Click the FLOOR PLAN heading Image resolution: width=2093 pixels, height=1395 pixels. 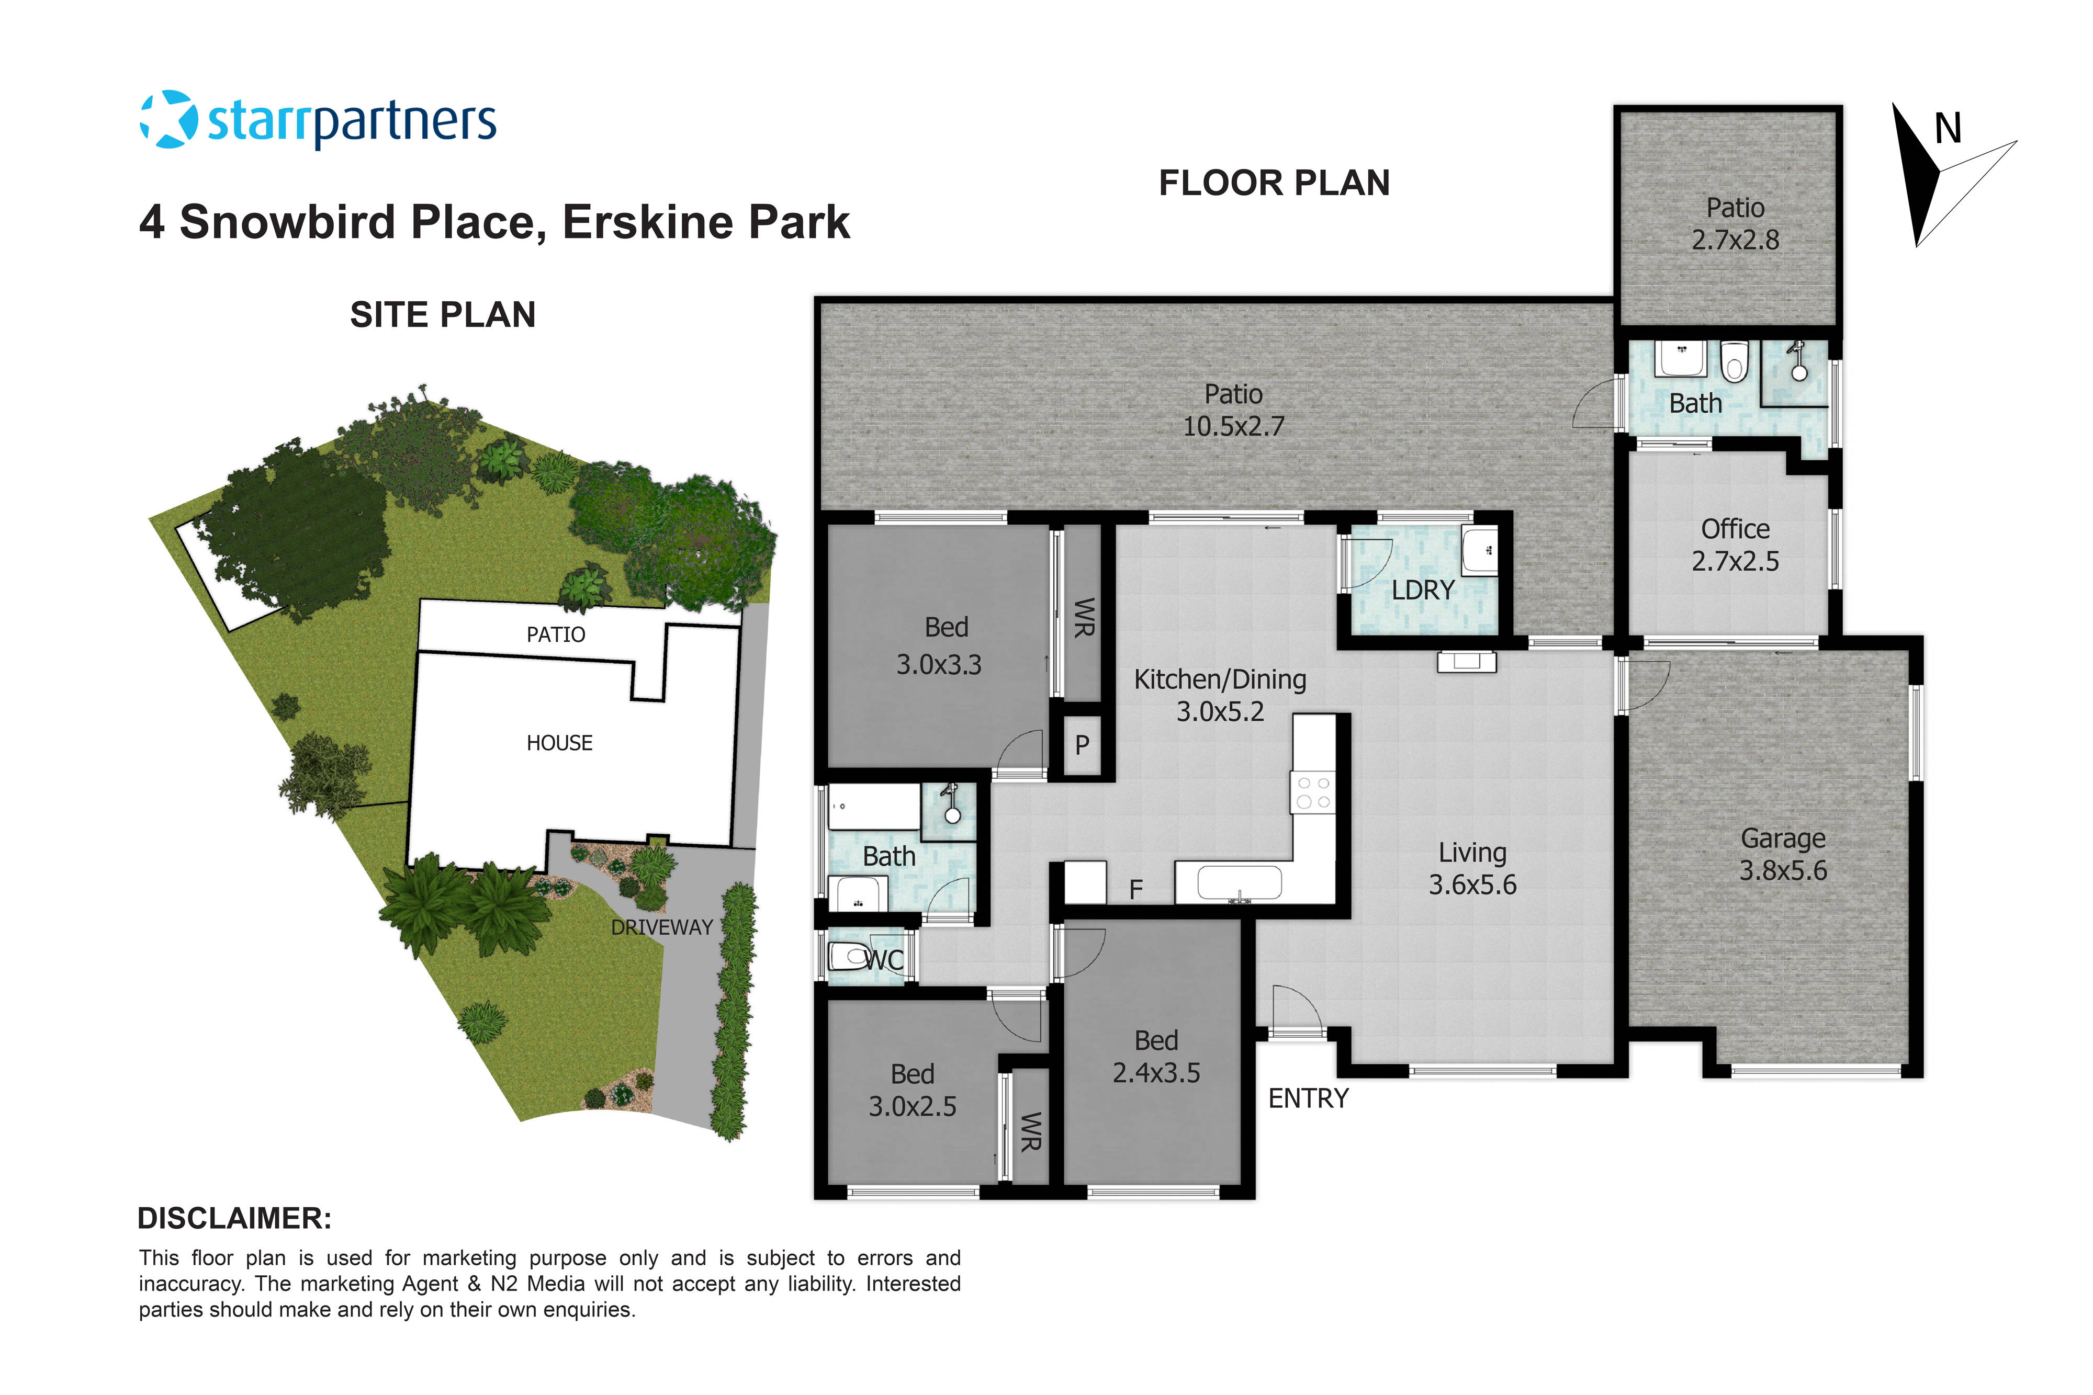pyautogui.click(x=1274, y=183)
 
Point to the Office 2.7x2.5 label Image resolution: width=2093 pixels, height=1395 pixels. pyautogui.click(x=1735, y=545)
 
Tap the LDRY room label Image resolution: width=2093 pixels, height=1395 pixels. pyautogui.click(x=1422, y=590)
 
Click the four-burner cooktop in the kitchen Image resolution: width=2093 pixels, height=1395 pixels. pyautogui.click(x=1313, y=792)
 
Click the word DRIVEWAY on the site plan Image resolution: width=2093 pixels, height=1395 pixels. pyautogui.click(x=661, y=927)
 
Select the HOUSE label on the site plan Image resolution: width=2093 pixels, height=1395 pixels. pyautogui.click(x=559, y=743)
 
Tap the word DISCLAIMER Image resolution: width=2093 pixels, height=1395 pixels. pyautogui.click(x=234, y=1218)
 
